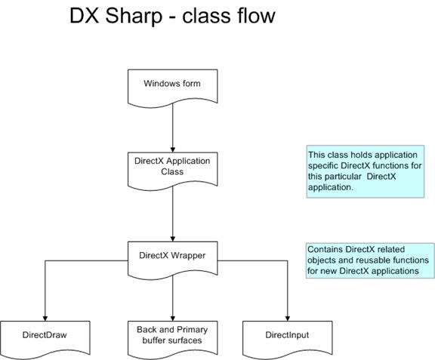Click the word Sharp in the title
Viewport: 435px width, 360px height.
134,17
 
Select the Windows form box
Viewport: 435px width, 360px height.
172,88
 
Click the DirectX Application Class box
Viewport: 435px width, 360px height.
172,171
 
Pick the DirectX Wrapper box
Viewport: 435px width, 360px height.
172,260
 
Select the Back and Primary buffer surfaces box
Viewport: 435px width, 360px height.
172,339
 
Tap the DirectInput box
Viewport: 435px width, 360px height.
288,339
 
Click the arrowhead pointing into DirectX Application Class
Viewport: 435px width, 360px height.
172,149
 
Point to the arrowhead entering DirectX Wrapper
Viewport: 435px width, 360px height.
172,238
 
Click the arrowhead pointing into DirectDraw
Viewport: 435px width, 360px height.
45,318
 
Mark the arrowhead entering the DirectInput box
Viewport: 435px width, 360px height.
288,318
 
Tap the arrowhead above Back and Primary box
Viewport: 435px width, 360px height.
172,318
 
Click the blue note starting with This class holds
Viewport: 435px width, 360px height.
366,171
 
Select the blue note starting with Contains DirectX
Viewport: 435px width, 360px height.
370,260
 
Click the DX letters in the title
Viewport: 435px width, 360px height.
85,16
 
